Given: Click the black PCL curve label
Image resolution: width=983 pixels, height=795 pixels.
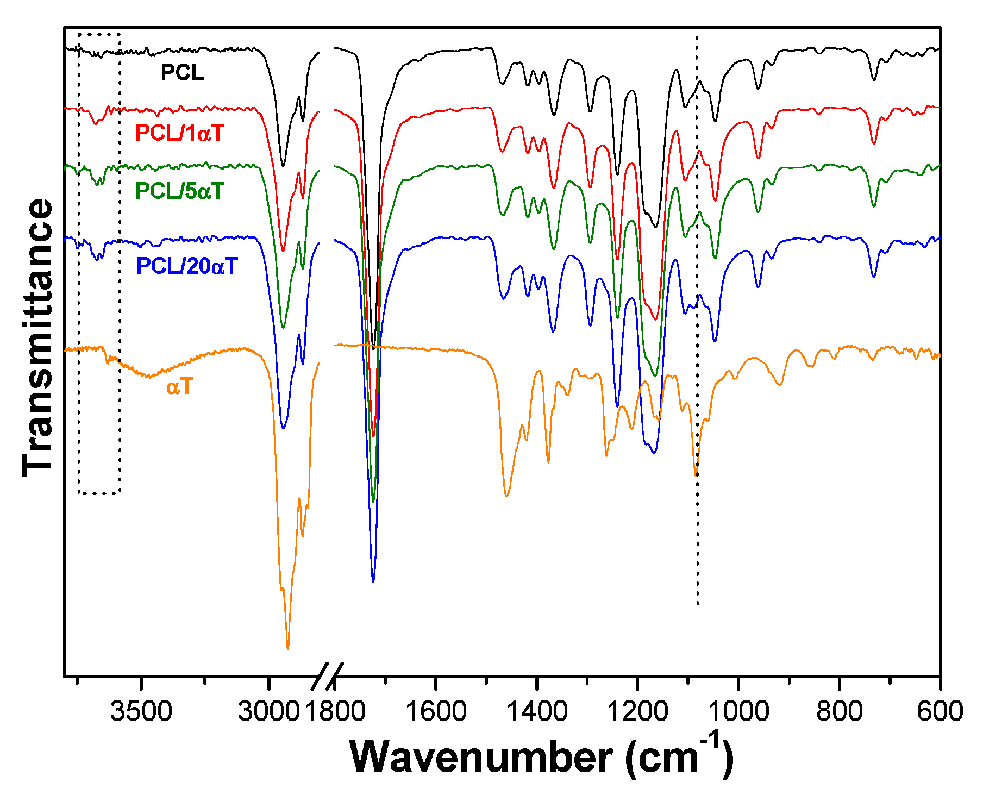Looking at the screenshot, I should (182, 73).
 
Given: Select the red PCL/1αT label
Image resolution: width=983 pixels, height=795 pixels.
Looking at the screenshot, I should (179, 133).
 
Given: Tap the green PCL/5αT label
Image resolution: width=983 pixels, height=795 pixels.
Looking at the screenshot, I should (179, 191).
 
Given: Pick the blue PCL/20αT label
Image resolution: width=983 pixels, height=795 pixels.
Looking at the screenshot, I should (187, 266).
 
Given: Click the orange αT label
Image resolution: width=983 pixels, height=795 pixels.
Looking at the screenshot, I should (179, 387).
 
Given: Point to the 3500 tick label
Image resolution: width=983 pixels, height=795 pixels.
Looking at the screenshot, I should (141, 711).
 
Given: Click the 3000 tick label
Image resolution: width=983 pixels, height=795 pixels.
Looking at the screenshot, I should (268, 711).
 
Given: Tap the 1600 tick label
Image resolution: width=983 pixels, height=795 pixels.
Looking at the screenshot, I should (436, 711).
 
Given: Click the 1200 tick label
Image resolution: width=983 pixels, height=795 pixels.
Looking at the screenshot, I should (637, 711).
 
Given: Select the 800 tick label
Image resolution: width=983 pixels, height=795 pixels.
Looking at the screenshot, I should (839, 711).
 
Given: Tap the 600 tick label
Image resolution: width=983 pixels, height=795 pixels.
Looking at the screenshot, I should (940, 711).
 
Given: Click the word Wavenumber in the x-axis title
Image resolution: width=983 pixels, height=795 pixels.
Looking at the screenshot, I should (481, 757).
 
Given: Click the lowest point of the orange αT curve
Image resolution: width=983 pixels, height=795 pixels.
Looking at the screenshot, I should (287, 648).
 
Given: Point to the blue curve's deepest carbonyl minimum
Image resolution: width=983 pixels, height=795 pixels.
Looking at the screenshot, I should (373, 581).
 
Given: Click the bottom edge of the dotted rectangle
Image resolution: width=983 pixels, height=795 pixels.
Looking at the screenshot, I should (99, 493).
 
